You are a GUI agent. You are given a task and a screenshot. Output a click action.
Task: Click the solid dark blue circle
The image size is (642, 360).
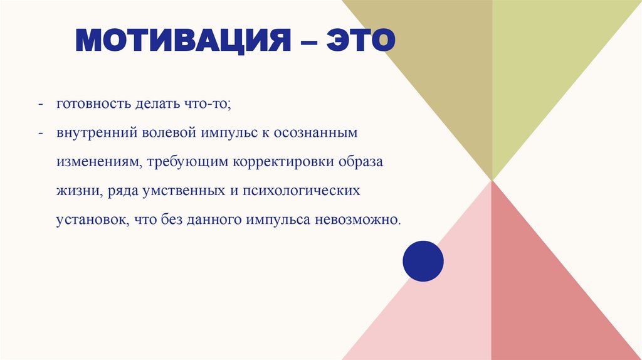point(423,261)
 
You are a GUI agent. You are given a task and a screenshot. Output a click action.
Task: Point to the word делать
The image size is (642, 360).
point(152,104)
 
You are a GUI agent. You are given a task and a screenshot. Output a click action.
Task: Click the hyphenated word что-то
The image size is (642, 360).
point(208,104)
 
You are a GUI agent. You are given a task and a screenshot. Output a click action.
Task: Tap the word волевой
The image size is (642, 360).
point(169,134)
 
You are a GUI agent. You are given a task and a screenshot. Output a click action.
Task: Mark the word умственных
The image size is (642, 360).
point(174,191)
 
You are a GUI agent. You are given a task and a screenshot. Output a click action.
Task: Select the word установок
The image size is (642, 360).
point(89,221)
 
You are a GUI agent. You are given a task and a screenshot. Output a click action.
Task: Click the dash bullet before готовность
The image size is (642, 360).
point(40,105)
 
